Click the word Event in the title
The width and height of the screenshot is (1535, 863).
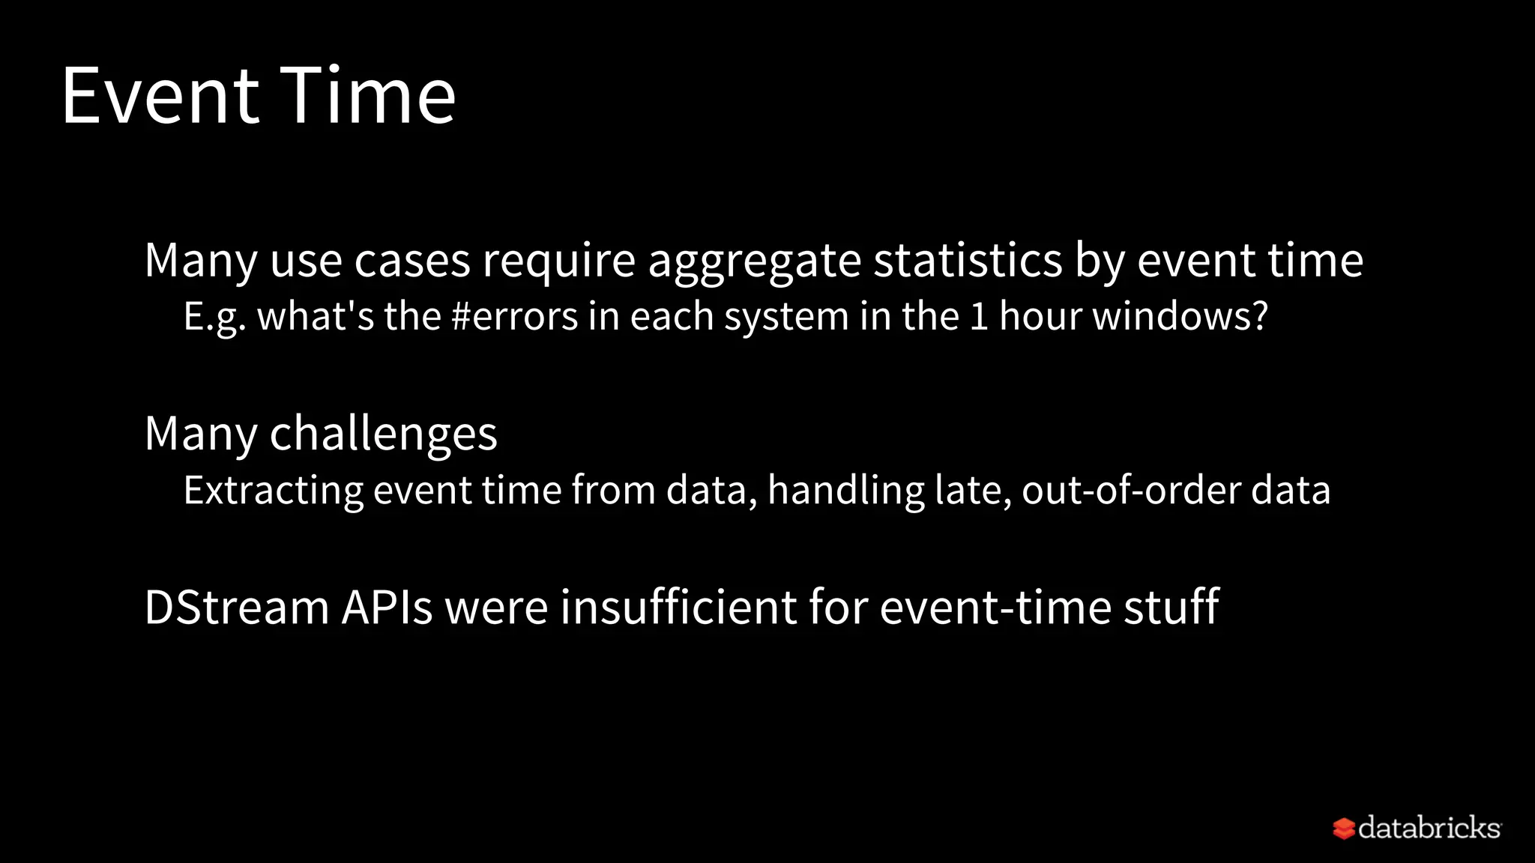coord(160,96)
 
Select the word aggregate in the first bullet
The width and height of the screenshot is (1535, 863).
coord(754,261)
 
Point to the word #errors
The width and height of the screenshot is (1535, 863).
coord(514,316)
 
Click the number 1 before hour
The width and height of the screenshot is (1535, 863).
coord(979,316)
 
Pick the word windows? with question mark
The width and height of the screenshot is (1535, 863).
coord(1180,316)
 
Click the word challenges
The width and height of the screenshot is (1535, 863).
coord(383,434)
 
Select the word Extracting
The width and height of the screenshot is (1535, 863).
coord(273,491)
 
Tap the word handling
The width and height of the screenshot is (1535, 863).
coord(845,491)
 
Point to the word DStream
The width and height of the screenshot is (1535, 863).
coord(236,607)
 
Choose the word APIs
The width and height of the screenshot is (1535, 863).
coord(387,607)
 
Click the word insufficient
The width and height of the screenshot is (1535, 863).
coord(678,607)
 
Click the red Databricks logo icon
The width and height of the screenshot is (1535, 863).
coord(1343,829)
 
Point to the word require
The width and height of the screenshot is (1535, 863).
coord(558,261)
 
